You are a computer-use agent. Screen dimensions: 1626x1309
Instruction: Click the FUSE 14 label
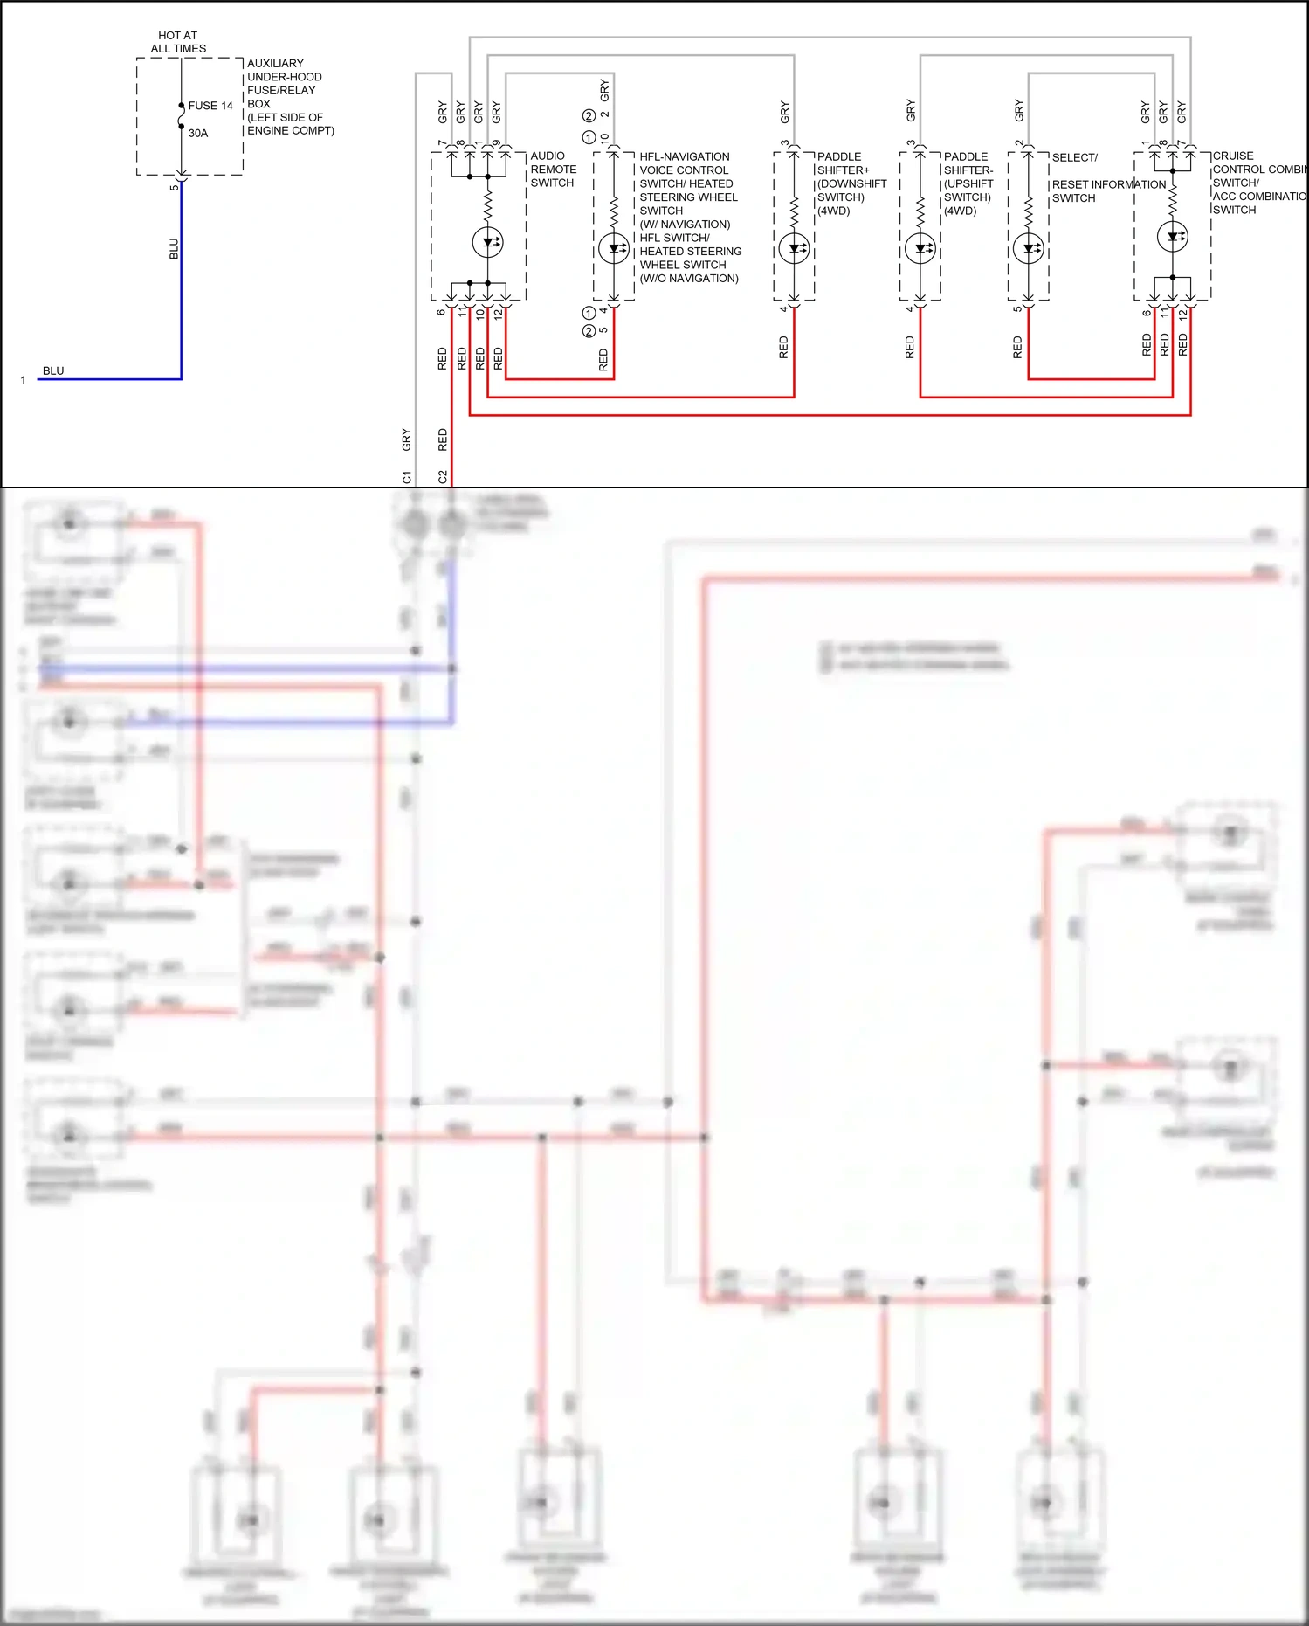pos(210,106)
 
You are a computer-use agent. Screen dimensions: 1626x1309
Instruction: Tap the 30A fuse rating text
pos(198,134)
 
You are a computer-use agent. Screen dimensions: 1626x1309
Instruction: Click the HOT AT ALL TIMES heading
pos(178,42)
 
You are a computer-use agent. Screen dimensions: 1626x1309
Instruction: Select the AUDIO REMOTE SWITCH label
pos(553,170)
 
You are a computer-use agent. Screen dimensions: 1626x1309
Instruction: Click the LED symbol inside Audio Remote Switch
pos(487,242)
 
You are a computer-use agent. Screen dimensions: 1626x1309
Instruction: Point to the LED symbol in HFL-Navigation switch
pos(614,249)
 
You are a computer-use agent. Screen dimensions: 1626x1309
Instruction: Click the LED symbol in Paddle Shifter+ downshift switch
pos(794,249)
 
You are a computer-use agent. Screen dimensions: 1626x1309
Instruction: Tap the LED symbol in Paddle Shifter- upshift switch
pos(920,249)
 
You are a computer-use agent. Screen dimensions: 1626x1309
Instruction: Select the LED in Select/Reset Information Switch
pos(1029,249)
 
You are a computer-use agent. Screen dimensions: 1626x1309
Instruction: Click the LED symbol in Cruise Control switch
pos(1172,237)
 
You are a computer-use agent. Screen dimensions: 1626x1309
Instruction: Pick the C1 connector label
pos(406,477)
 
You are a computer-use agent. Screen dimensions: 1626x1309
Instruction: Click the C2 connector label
pos(443,477)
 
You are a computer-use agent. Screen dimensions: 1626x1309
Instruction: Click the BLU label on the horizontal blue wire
pos(53,370)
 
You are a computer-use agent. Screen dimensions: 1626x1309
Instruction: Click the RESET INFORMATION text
pos(1108,184)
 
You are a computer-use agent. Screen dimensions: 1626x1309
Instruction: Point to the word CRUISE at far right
pos(1232,156)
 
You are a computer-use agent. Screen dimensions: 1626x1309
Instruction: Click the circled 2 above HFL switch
pos(589,115)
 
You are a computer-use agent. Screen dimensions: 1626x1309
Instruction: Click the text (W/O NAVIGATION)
pos(689,279)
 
